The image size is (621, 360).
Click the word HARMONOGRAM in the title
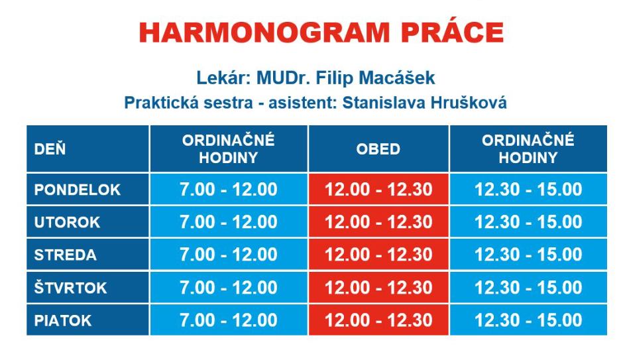click(264, 33)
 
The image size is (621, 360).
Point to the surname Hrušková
click(469, 102)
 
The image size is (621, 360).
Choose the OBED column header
click(378, 149)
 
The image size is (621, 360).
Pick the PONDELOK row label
click(78, 190)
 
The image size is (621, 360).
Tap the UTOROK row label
click(67, 222)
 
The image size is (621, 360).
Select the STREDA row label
click(66, 255)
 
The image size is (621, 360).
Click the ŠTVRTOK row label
click(70, 286)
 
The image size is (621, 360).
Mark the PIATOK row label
click(63, 320)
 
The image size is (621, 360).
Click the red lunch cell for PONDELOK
click(378, 189)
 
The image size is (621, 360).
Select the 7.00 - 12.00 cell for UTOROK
click(229, 221)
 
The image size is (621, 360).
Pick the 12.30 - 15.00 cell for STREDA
click(528, 255)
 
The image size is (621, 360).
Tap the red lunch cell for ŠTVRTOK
click(378, 287)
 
